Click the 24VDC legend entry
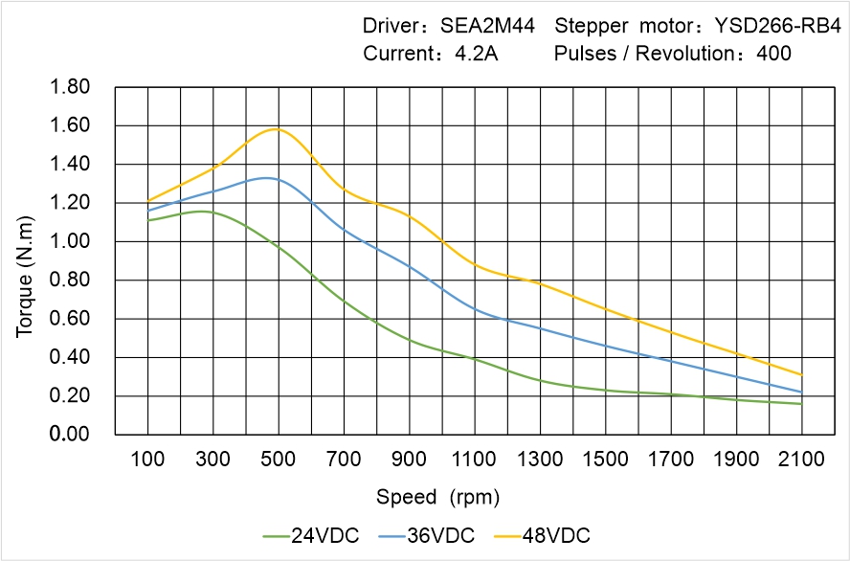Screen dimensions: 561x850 click(311, 535)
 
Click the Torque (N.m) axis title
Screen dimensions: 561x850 click(25, 260)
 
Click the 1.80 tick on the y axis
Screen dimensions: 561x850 click(69, 88)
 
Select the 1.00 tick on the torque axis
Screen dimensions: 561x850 click(69, 242)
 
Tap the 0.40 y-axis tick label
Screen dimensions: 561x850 click(69, 358)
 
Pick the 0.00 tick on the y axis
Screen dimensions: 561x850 click(69, 435)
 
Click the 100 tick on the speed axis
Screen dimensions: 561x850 click(147, 460)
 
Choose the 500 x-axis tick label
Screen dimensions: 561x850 click(279, 460)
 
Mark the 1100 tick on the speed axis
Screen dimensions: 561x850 click(475, 460)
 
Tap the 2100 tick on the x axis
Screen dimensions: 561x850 click(801, 460)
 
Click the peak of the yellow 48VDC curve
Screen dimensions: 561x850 click(278, 128)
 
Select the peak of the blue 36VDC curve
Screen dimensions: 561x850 click(266, 178)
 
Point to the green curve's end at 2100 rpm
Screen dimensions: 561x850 click(801, 404)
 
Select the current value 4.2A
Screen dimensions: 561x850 click(476, 54)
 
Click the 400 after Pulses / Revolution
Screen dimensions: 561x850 click(773, 54)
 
